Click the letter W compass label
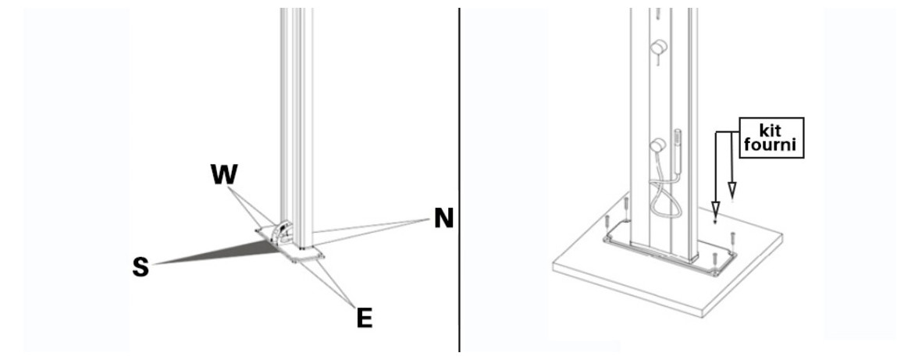tap(224, 174)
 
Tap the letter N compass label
tap(443, 219)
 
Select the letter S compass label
tap(141, 267)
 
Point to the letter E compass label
tap(364, 318)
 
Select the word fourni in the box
tap(771, 144)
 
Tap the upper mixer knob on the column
tap(659, 48)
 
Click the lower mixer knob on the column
tap(658, 145)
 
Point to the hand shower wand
tap(678, 151)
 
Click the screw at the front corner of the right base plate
tap(715, 260)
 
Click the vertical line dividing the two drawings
tap(460, 180)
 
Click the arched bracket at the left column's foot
tap(281, 231)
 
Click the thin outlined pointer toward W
tap(250, 206)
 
